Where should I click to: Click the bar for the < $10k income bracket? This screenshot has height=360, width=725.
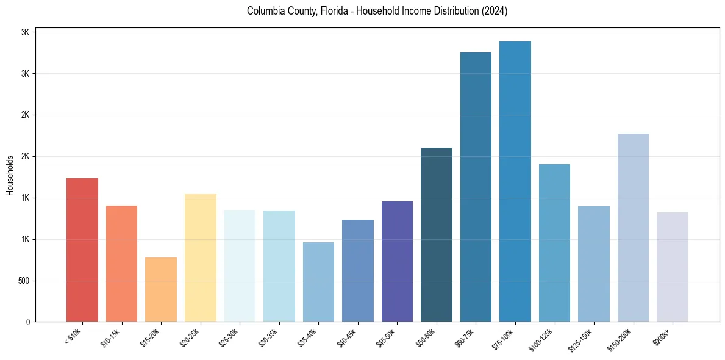[82, 250]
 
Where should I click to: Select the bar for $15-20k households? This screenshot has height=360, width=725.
[161, 290]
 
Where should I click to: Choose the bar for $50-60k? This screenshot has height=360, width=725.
[437, 235]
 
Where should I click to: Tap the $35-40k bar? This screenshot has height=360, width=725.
[318, 282]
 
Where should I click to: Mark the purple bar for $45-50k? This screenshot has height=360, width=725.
[397, 262]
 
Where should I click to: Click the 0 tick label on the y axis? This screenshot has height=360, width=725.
[27, 322]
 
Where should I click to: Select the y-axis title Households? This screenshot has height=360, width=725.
[10, 175]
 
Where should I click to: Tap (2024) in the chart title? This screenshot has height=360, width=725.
[494, 11]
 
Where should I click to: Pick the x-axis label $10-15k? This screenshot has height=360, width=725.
[110, 337]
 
